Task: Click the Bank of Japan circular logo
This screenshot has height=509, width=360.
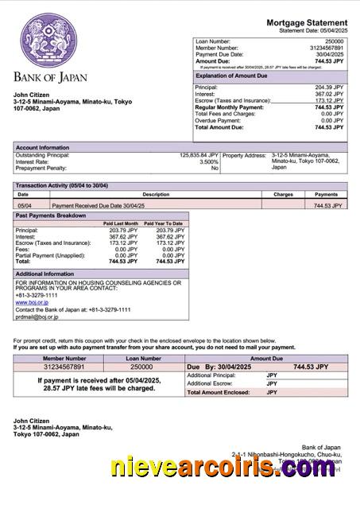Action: [50, 39]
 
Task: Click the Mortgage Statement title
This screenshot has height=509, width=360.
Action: [307, 22]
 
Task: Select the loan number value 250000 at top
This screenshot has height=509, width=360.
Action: [335, 41]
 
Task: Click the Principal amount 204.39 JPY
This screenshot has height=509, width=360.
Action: [329, 87]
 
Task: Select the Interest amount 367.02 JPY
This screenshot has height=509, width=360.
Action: [329, 94]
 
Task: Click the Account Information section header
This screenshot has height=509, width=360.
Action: [43, 147]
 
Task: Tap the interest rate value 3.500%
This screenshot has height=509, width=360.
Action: [208, 161]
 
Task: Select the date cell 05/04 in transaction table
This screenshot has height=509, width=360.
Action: [25, 205]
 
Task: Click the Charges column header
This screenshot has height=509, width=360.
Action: [283, 194]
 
